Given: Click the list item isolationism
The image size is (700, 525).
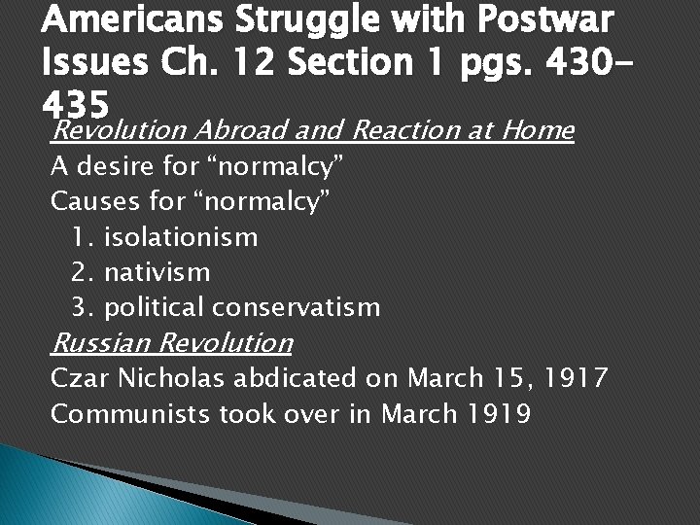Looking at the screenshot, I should point(180,236).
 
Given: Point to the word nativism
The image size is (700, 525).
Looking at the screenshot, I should point(157,271).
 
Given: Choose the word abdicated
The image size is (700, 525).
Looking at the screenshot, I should point(297,378).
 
